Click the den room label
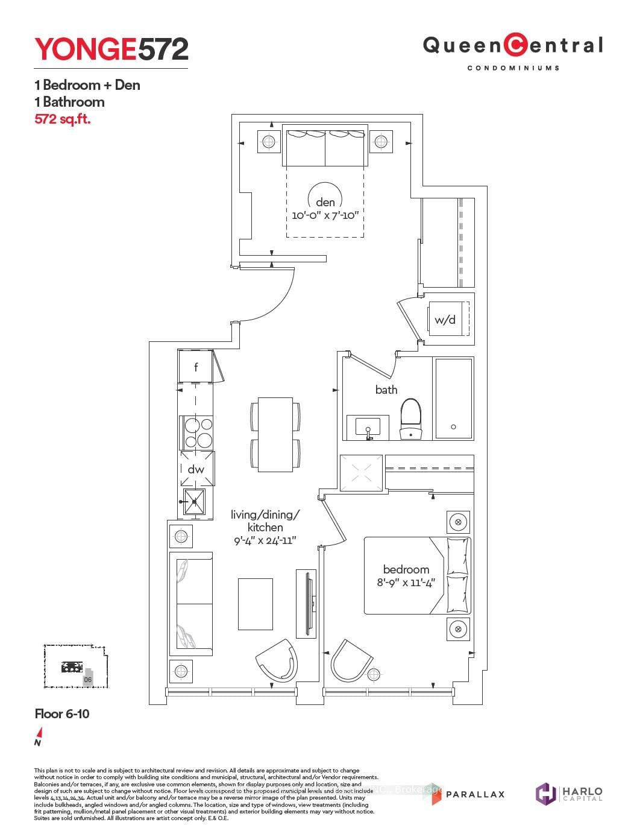(325, 203)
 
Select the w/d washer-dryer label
(445, 320)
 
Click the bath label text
(386, 390)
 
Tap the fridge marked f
(195, 366)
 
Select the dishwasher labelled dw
(196, 469)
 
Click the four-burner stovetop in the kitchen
(197, 432)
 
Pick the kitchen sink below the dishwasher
(195, 502)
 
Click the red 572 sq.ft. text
(63, 119)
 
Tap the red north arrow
(39, 733)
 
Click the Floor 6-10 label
(62, 714)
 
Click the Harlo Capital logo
(569, 793)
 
